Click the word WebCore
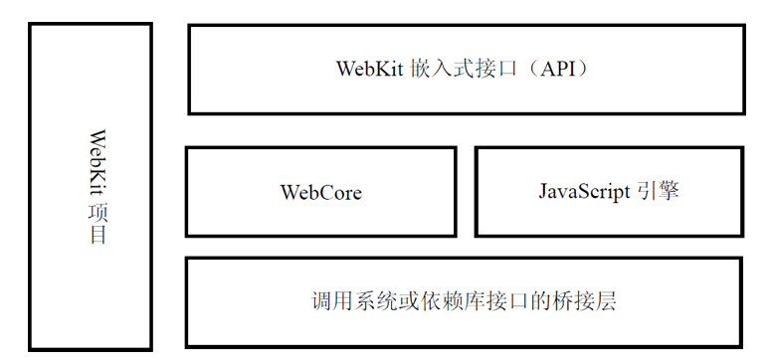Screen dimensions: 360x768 click(x=320, y=192)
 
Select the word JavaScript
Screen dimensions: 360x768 click(x=581, y=191)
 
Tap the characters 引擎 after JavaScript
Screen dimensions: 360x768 click(x=657, y=191)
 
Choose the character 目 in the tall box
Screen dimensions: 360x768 click(x=97, y=236)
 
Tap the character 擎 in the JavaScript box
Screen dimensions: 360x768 click(x=668, y=191)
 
